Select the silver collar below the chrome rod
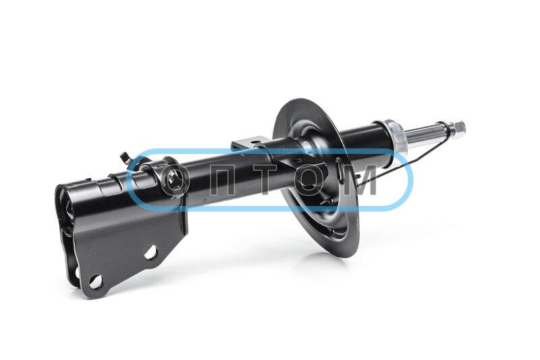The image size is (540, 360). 396,135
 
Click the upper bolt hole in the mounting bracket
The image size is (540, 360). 151,253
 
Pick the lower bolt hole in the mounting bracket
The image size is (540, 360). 95,282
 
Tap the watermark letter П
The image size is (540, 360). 221,180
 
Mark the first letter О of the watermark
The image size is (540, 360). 176,180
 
